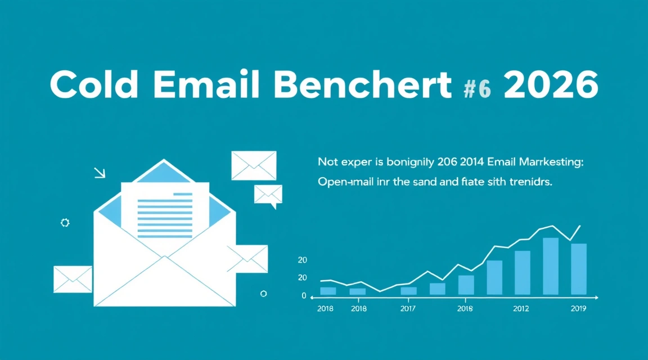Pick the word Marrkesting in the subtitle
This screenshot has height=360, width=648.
(x=549, y=163)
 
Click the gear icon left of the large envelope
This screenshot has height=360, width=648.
(x=65, y=223)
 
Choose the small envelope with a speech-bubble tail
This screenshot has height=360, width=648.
(x=268, y=195)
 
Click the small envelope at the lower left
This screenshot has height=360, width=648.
(x=73, y=279)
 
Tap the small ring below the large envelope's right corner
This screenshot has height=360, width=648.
(x=263, y=294)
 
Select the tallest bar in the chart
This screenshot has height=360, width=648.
(x=550, y=266)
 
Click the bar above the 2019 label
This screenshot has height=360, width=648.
(x=579, y=269)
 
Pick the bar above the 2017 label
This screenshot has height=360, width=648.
(x=408, y=291)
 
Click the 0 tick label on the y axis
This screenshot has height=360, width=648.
(x=304, y=296)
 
